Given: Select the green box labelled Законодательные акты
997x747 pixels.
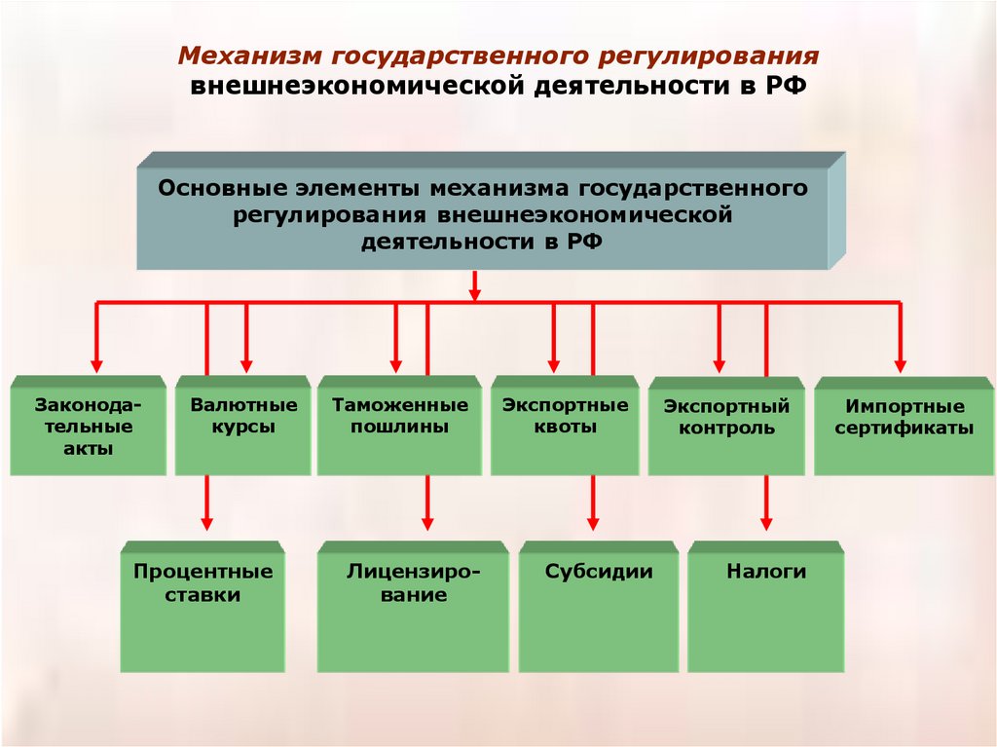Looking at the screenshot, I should pyautogui.click(x=88, y=427).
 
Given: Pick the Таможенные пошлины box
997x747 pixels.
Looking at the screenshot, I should pyautogui.click(x=399, y=427).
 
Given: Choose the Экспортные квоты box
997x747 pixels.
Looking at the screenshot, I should pyautogui.click(x=565, y=427).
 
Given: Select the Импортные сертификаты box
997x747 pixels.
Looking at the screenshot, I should pyautogui.click(x=905, y=427).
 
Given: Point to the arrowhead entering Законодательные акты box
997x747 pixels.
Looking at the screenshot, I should pyautogui.click(x=96, y=364).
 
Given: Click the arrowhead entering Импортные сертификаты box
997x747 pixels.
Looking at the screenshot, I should pyautogui.click(x=899, y=364).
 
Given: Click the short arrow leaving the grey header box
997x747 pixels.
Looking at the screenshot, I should pyautogui.click(x=475, y=286).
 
